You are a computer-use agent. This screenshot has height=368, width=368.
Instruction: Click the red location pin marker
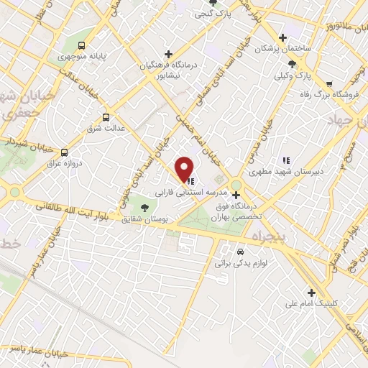pos(185,168)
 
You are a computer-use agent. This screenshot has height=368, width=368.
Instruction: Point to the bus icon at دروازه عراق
pos(64,152)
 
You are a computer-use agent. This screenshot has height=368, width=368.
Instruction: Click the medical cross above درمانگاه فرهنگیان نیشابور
pos(168,54)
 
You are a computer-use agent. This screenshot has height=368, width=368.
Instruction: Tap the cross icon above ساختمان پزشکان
pos(283,38)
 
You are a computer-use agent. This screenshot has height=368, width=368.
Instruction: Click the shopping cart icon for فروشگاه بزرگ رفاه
pos(328,85)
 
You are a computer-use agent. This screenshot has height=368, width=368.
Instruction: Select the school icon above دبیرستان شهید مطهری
pos(285,160)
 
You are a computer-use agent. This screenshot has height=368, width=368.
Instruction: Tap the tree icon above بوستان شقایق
pos(144,208)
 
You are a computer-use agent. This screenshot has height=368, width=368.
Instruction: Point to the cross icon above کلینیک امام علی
pos(310,292)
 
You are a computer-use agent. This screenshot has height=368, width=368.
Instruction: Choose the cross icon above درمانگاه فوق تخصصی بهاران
pos(236,194)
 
